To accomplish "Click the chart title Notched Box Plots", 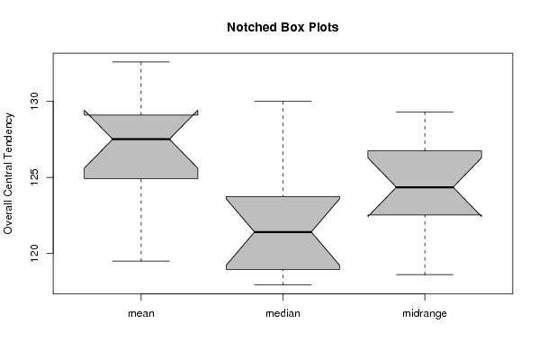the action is [x=283, y=27].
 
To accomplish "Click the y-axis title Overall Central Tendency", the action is [x=8, y=174].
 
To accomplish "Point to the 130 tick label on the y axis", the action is [x=35, y=101].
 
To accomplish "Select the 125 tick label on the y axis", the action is [x=35, y=177].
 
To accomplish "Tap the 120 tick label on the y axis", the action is [x=35, y=253].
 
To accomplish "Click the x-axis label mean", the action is [x=141, y=313].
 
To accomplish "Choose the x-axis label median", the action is [x=283, y=313].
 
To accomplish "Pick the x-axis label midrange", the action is [x=425, y=313].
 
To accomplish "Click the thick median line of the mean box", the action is [x=141, y=139].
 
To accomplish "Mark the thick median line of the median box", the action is [x=283, y=232].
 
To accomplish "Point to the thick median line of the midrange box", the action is [x=425, y=187].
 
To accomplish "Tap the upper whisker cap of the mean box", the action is [x=141, y=62].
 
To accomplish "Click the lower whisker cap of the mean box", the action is [x=141, y=261].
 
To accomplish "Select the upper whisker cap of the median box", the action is [x=283, y=101].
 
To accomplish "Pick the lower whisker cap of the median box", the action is [x=283, y=284].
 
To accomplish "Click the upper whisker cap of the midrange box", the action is [x=425, y=112].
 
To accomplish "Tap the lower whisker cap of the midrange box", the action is [x=425, y=274].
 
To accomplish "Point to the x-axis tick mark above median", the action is [x=283, y=297].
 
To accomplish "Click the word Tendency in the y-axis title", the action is [x=8, y=133].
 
